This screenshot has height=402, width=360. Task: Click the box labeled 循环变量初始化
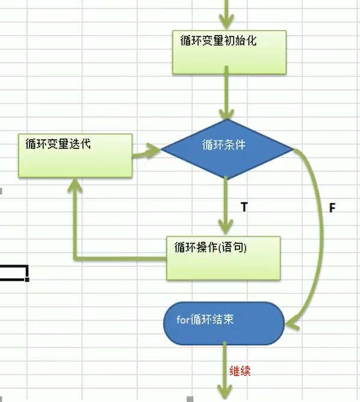click(x=229, y=52)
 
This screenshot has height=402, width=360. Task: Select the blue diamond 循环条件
click(x=227, y=149)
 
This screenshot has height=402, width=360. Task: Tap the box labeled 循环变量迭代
click(x=75, y=155)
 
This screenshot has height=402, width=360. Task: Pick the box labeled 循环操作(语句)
click(x=223, y=258)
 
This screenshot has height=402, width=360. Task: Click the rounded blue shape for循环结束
click(x=224, y=323)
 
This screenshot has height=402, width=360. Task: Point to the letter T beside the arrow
click(x=244, y=207)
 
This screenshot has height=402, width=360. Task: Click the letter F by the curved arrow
click(x=332, y=208)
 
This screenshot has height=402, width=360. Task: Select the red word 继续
click(x=240, y=371)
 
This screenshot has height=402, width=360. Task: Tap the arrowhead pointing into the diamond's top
click(x=226, y=114)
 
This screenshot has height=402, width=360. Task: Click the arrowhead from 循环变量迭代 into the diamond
click(x=153, y=151)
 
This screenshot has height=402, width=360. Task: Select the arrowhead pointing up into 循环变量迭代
click(x=75, y=184)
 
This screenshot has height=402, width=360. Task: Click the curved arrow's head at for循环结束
click(x=292, y=323)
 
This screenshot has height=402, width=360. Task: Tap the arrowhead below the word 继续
click(x=225, y=392)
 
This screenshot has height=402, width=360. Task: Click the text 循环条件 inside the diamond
click(x=224, y=145)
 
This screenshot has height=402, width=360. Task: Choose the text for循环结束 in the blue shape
click(x=205, y=319)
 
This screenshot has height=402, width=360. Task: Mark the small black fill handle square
click(x=27, y=279)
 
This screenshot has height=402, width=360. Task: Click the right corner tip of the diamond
click(x=293, y=149)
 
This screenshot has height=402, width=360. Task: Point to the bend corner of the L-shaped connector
click(x=75, y=259)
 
